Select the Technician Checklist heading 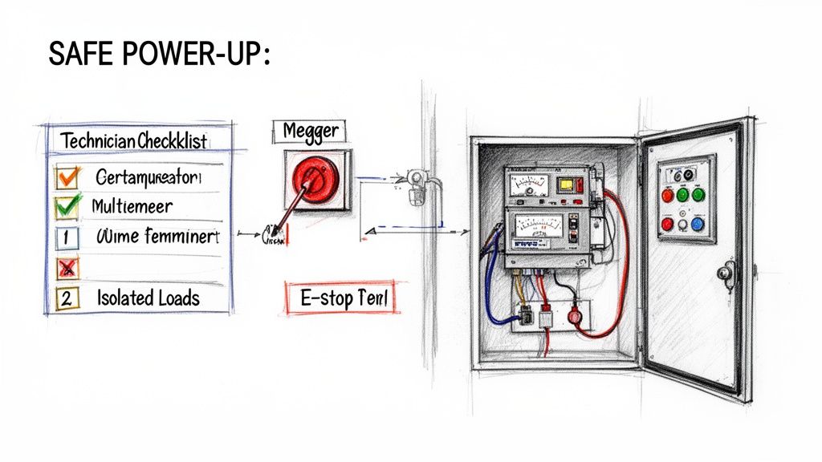pos(134,140)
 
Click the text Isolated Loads pos(148,298)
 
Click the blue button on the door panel pos(698,225)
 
